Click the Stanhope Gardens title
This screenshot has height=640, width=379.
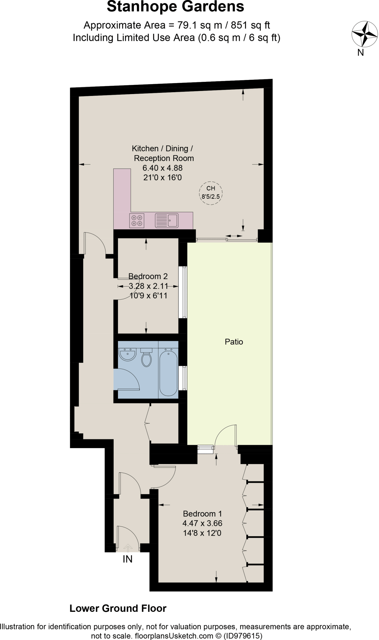tap(175, 7)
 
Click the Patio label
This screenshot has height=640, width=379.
tap(234, 342)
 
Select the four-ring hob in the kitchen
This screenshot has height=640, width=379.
tap(136, 221)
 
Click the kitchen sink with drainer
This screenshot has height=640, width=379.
tap(166, 221)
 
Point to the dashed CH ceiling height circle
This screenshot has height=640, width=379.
tap(211, 193)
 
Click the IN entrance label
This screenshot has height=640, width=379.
tap(127, 559)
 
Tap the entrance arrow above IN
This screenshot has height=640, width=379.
tap(128, 547)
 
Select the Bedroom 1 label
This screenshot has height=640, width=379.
tap(202, 514)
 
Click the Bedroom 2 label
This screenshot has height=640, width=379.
tap(148, 276)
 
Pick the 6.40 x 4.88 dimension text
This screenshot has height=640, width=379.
tap(162, 168)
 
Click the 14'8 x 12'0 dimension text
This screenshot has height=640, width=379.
tap(202, 533)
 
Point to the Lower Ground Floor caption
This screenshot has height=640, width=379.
tap(118, 608)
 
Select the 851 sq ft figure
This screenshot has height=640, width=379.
tap(251, 25)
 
